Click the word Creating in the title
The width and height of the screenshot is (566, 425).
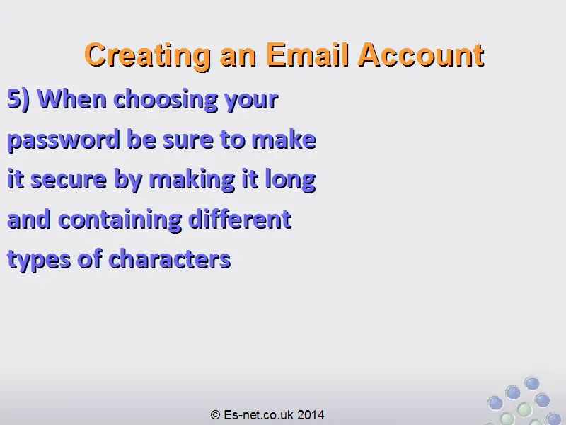148,56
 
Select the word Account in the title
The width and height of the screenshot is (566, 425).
421,55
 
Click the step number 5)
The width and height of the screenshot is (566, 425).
19,98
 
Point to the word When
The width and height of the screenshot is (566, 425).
72,98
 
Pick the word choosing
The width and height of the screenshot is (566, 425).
166,101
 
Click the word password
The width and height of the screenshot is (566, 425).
64,140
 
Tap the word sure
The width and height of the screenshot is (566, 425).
187,140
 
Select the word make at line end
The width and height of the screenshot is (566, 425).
284,140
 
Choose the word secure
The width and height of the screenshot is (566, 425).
69,180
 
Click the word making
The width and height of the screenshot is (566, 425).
192,181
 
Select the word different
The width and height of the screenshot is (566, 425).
240,219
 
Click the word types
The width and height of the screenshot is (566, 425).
39,260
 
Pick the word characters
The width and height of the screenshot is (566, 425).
169,259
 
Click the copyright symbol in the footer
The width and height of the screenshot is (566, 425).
215,414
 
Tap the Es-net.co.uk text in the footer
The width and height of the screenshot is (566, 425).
258,414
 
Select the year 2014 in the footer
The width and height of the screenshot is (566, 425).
311,414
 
